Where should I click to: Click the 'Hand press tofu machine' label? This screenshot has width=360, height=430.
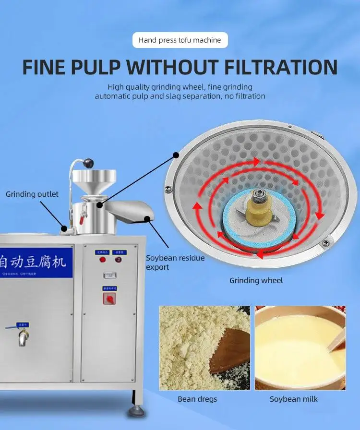pyautogui.click(x=180, y=40)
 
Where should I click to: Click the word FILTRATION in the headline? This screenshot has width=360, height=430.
pyautogui.click(x=281, y=67)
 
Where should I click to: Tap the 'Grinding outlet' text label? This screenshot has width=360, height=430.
pyautogui.click(x=32, y=194)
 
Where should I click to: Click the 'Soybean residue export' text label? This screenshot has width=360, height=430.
pyautogui.click(x=175, y=263)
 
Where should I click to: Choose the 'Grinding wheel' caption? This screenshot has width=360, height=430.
pyautogui.click(x=256, y=280)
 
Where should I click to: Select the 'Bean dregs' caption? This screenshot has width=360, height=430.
pyautogui.click(x=197, y=399)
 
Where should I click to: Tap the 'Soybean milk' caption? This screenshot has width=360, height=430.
pyautogui.click(x=293, y=399)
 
